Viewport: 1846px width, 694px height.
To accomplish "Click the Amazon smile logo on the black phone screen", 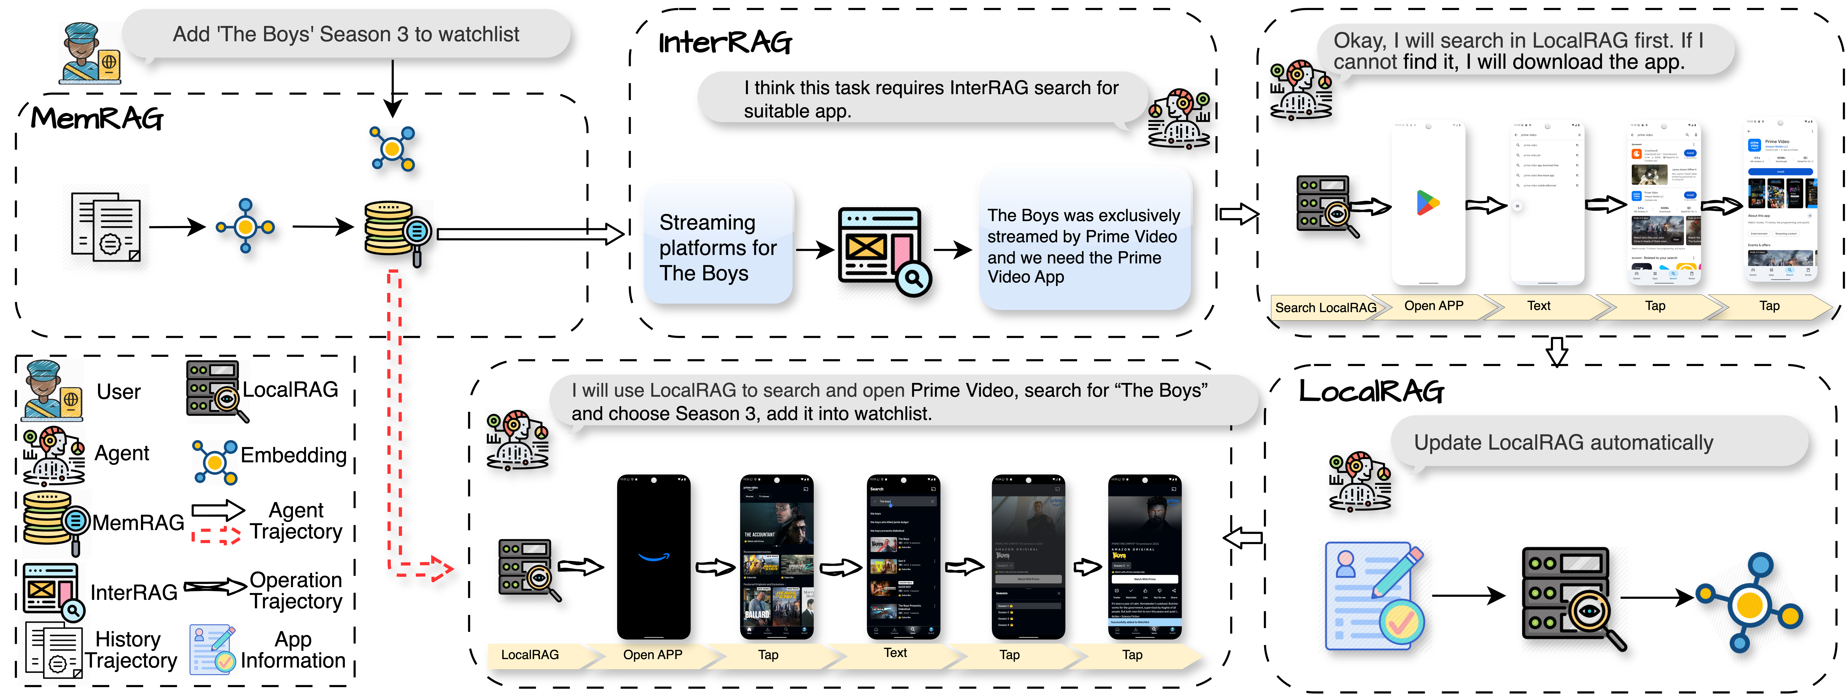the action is pos(654,556).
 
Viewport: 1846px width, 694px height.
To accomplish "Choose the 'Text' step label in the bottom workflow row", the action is pos(895,653).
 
